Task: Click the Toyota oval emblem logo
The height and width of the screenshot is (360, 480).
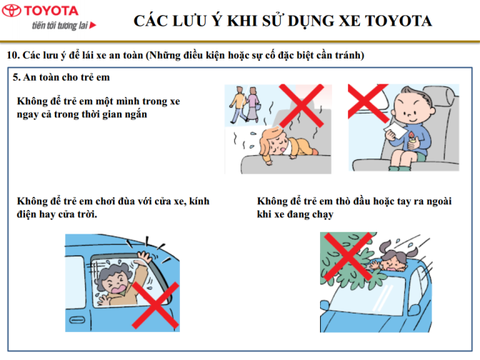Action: coord(11,11)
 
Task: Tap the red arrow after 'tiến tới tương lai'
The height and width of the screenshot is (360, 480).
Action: coord(93,25)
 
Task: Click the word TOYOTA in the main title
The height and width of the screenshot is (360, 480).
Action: coord(399,21)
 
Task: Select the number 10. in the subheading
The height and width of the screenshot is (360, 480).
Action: coord(13,55)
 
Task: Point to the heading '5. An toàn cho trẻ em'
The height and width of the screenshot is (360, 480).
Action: coord(61,77)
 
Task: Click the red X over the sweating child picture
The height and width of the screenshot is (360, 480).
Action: coord(301,106)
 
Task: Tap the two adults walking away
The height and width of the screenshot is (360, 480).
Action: coord(245,105)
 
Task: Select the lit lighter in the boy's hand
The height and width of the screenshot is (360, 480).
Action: coord(412,139)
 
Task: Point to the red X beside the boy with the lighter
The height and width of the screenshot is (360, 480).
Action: coord(368,102)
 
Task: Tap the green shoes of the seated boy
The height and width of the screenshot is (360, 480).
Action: coord(400,168)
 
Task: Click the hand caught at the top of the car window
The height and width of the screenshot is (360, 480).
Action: coord(144,257)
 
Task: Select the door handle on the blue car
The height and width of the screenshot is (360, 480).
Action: coord(77,320)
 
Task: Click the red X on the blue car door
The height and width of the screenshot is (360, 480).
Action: coord(156,306)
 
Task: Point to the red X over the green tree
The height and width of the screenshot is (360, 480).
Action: coord(348,256)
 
